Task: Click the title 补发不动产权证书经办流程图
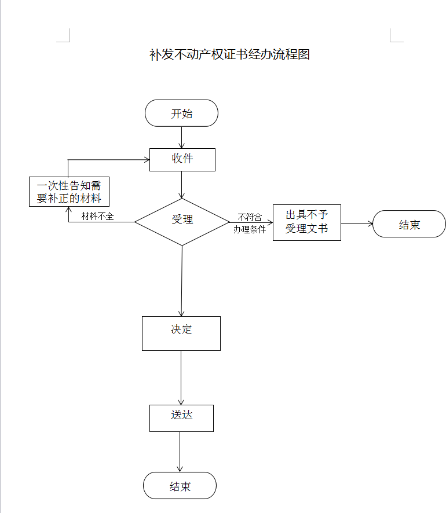click(x=230, y=55)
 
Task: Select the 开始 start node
click(x=181, y=113)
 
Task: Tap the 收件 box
click(x=182, y=159)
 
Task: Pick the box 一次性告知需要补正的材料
click(x=69, y=192)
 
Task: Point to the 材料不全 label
click(x=97, y=217)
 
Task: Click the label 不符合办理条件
click(x=250, y=223)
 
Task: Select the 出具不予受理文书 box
click(x=306, y=222)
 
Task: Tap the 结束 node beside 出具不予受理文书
click(x=409, y=224)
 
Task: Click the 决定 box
click(x=181, y=332)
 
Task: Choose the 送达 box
click(x=181, y=417)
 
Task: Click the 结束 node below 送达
click(x=180, y=485)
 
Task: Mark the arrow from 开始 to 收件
click(x=182, y=137)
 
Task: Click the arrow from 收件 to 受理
click(x=182, y=185)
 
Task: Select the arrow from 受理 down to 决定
click(x=182, y=281)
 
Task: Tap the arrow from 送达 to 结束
click(x=180, y=452)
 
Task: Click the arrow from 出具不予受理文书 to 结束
click(x=356, y=223)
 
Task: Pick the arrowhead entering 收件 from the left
click(x=146, y=159)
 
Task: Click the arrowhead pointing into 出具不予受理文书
click(x=269, y=222)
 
